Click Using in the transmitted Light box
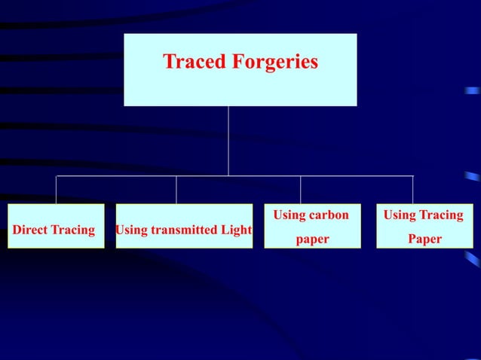click(131, 230)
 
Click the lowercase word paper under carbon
click(311, 239)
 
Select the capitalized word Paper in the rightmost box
click(424, 239)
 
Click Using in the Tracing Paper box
click(400, 215)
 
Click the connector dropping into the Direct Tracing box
click(57, 190)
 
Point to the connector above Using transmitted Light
click(176, 190)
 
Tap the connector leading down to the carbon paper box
click(300, 190)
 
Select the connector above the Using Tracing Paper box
click(412, 190)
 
